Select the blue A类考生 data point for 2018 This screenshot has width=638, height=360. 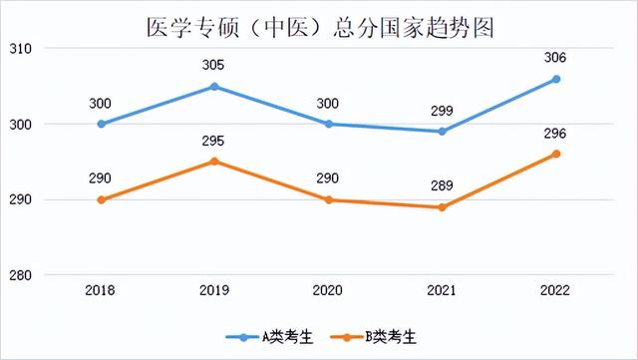pyautogui.click(x=101, y=124)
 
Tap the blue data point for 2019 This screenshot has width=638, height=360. pyautogui.click(x=214, y=87)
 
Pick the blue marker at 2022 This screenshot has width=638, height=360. pyautogui.click(x=556, y=79)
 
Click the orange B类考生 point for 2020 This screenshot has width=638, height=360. pyautogui.click(x=329, y=199)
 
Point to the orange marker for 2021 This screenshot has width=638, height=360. pyautogui.click(x=442, y=207)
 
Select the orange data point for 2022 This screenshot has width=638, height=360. pyautogui.click(x=556, y=154)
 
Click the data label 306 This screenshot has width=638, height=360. pyautogui.click(x=556, y=58)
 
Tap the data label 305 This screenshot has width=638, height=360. pyautogui.click(x=214, y=66)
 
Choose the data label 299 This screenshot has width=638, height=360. pyautogui.click(x=442, y=111)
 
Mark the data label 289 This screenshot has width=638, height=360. pyautogui.click(x=442, y=185)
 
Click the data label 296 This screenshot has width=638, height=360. pyautogui.click(x=556, y=133)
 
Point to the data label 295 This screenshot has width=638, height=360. pyautogui.click(x=214, y=141)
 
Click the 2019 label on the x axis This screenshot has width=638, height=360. pyautogui.click(x=214, y=289)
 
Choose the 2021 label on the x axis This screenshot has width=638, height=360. pyautogui.click(x=442, y=289)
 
